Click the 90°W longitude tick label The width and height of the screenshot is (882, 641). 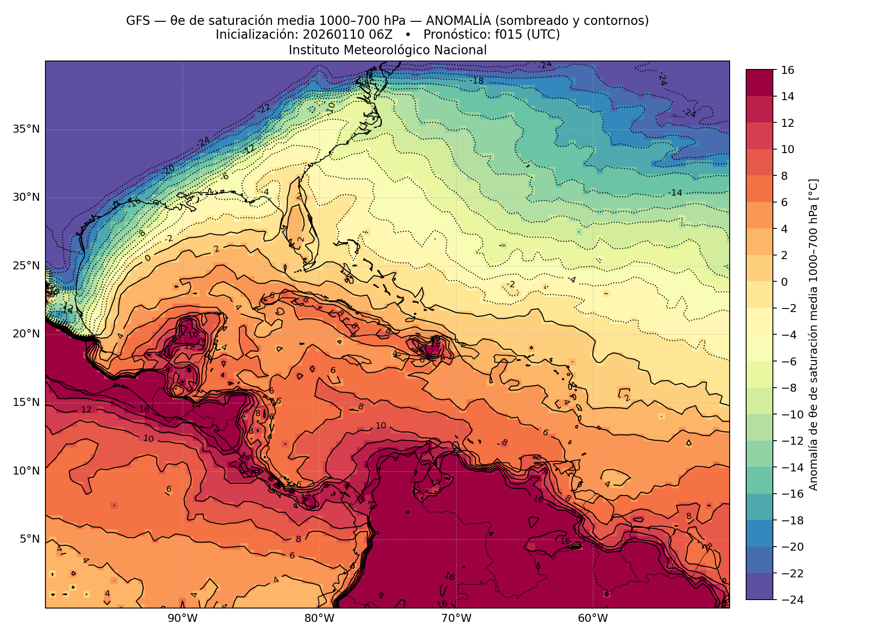[183, 618]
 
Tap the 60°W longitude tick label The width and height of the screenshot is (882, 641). [593, 618]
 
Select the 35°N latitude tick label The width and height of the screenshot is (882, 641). [26, 129]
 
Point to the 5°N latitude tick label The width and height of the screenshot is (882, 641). [29, 539]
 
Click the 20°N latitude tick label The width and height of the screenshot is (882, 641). [26, 334]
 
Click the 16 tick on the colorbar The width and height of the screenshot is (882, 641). [787, 70]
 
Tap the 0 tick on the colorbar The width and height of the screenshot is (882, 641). [784, 282]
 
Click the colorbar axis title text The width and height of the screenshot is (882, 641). [813, 335]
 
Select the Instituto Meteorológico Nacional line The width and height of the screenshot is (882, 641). [388, 50]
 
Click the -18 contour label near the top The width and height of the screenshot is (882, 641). [477, 81]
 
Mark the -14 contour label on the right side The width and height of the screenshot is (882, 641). [675, 193]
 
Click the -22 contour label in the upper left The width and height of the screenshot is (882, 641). [264, 108]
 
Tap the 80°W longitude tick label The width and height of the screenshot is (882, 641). [319, 618]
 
